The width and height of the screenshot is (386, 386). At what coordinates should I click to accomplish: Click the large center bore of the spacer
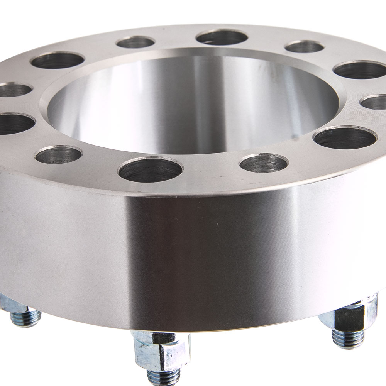pos(193,104)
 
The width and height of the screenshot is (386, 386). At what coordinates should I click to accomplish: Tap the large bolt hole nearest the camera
pos(151,170)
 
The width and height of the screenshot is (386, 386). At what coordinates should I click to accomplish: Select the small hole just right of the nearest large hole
pos(264,163)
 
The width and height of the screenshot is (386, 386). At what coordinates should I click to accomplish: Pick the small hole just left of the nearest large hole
pos(58,155)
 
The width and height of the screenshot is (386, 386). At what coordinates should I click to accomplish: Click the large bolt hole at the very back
pos(222,37)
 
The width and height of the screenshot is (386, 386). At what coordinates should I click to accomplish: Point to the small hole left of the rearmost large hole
pos(135,42)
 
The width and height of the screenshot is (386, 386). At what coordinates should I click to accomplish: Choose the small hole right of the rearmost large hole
pos(305,47)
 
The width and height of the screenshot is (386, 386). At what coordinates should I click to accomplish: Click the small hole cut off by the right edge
pos(374,102)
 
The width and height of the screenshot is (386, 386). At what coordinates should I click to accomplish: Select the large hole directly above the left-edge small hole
pos(58,61)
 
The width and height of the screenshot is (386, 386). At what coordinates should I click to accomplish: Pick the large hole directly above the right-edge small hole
pos(359,69)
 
